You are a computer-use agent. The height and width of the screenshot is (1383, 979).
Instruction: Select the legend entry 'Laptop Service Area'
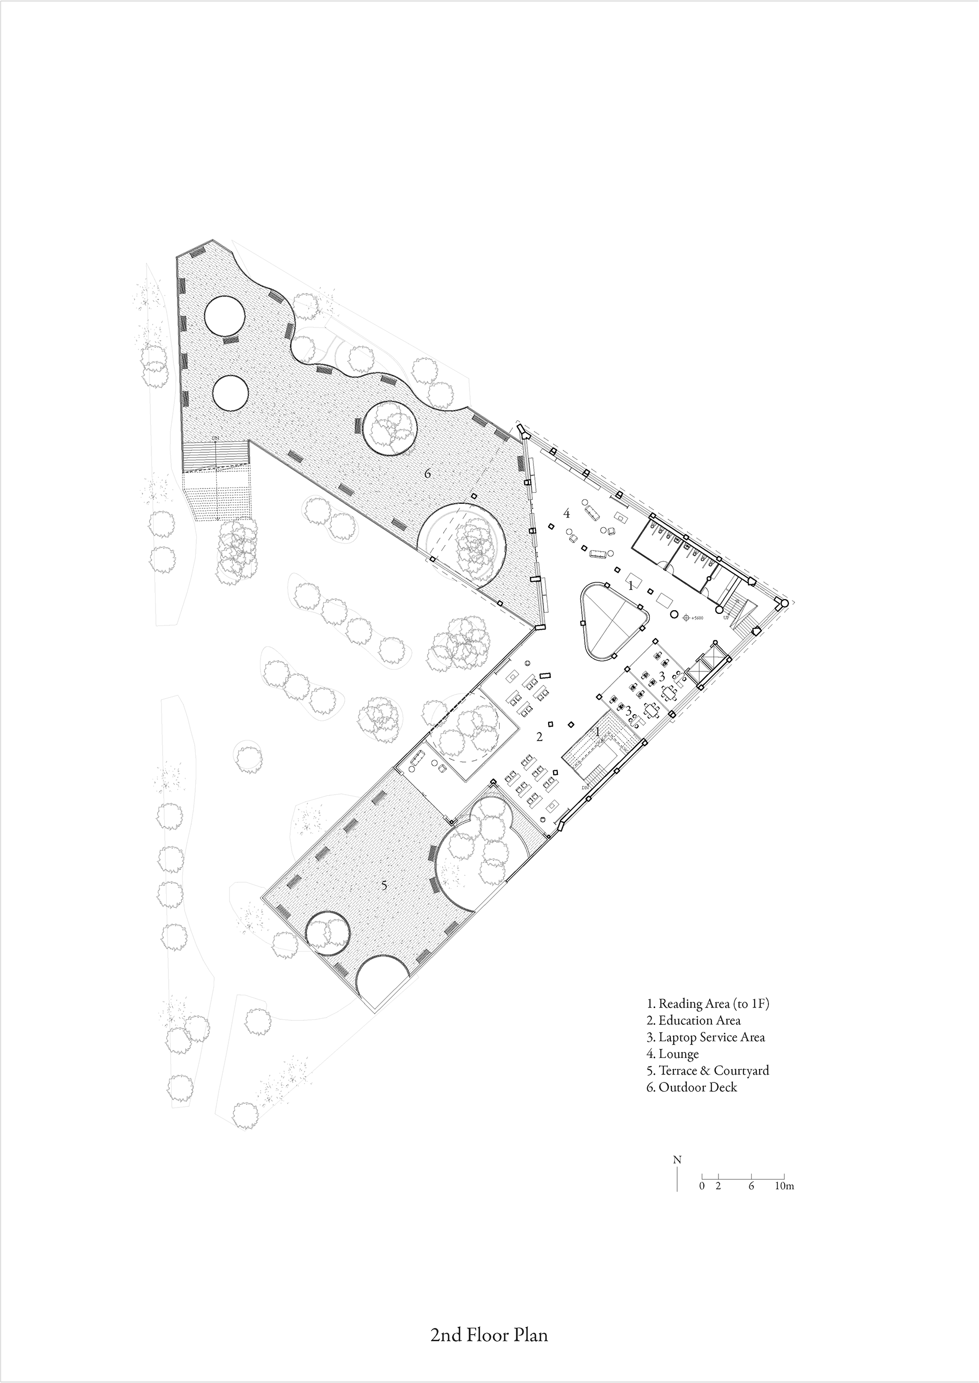click(x=705, y=1037)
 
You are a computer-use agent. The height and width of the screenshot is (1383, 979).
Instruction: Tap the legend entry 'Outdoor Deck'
click(x=691, y=1087)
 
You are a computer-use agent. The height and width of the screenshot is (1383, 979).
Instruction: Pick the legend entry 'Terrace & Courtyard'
click(x=708, y=1070)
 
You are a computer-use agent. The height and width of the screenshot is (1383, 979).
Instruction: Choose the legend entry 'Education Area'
click(x=693, y=1020)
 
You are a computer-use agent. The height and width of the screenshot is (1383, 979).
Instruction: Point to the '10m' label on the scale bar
click(x=784, y=1186)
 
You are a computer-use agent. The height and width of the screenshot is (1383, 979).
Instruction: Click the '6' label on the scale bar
click(x=751, y=1186)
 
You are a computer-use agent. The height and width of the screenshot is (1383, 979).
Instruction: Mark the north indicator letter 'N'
click(x=677, y=1159)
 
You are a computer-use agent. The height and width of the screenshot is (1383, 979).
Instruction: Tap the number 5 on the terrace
click(x=384, y=885)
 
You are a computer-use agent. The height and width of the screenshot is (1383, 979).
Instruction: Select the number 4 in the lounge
click(x=566, y=514)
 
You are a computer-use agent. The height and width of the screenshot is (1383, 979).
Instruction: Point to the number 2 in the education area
click(x=539, y=737)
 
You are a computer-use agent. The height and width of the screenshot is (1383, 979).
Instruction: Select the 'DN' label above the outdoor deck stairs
click(x=215, y=439)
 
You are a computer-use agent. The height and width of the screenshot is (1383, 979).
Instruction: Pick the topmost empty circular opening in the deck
click(x=224, y=316)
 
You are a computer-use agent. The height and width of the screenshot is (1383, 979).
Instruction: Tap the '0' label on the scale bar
click(x=702, y=1186)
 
